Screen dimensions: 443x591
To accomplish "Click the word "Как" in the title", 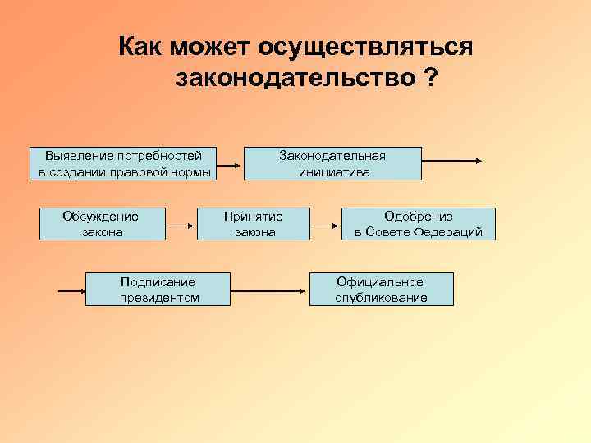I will click(141, 46).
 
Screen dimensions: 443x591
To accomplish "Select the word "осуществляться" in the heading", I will click(365, 46).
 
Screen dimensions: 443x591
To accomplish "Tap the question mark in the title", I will click(430, 79).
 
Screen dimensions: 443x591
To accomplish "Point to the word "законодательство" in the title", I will click(294, 79).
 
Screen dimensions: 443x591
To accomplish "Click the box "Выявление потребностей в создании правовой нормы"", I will click(124, 163).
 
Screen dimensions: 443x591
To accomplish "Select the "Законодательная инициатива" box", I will click(332, 163).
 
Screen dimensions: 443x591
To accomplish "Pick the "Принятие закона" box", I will click(254, 224).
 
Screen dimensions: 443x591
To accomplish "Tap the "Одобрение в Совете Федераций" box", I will click(418, 224).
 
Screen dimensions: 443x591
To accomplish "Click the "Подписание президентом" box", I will click(158, 289).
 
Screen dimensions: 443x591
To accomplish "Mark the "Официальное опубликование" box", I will click(381, 289).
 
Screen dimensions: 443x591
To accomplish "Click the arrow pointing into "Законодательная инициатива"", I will click(232, 164).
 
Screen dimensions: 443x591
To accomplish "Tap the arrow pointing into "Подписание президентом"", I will click(72, 290).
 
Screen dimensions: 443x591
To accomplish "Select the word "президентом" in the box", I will click(158, 297).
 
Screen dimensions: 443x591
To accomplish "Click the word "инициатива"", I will click(333, 171).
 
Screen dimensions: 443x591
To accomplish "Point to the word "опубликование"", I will click(381, 297).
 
